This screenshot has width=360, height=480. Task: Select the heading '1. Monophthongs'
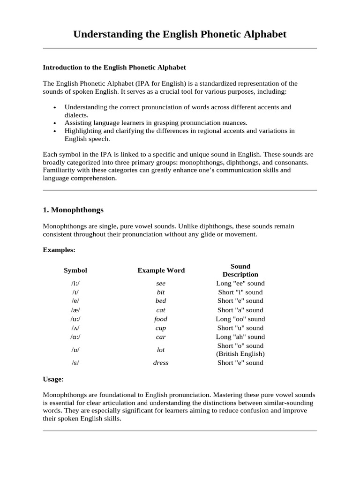pyautogui.click(x=73, y=210)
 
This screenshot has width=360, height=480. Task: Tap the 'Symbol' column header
pyautogui.click(x=75, y=270)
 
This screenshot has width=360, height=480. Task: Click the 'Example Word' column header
pyautogui.click(x=161, y=270)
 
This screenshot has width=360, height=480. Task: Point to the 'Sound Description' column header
pyautogui.click(x=240, y=270)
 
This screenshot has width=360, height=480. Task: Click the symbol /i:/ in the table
pyautogui.click(x=75, y=284)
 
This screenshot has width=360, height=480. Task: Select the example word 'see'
pyautogui.click(x=161, y=284)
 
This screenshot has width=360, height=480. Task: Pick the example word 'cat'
pyautogui.click(x=161, y=310)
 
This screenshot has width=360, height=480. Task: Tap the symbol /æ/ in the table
pyautogui.click(x=75, y=310)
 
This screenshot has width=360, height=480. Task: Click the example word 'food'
pyautogui.click(x=161, y=319)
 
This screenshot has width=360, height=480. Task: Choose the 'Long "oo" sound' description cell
pyautogui.click(x=240, y=319)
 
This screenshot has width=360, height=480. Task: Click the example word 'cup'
pyautogui.click(x=161, y=328)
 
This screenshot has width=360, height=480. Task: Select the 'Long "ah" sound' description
pyautogui.click(x=240, y=337)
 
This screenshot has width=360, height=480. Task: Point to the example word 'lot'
pyautogui.click(x=161, y=350)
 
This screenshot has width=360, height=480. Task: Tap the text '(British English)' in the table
pyautogui.click(x=240, y=354)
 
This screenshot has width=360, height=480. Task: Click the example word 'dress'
pyautogui.click(x=161, y=363)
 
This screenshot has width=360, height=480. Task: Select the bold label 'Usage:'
pyautogui.click(x=53, y=379)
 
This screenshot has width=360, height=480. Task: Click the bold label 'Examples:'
pyautogui.click(x=59, y=250)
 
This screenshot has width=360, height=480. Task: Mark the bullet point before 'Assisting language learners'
pyautogui.click(x=55, y=123)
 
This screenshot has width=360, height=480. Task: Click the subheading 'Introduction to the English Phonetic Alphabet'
pyautogui.click(x=114, y=67)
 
